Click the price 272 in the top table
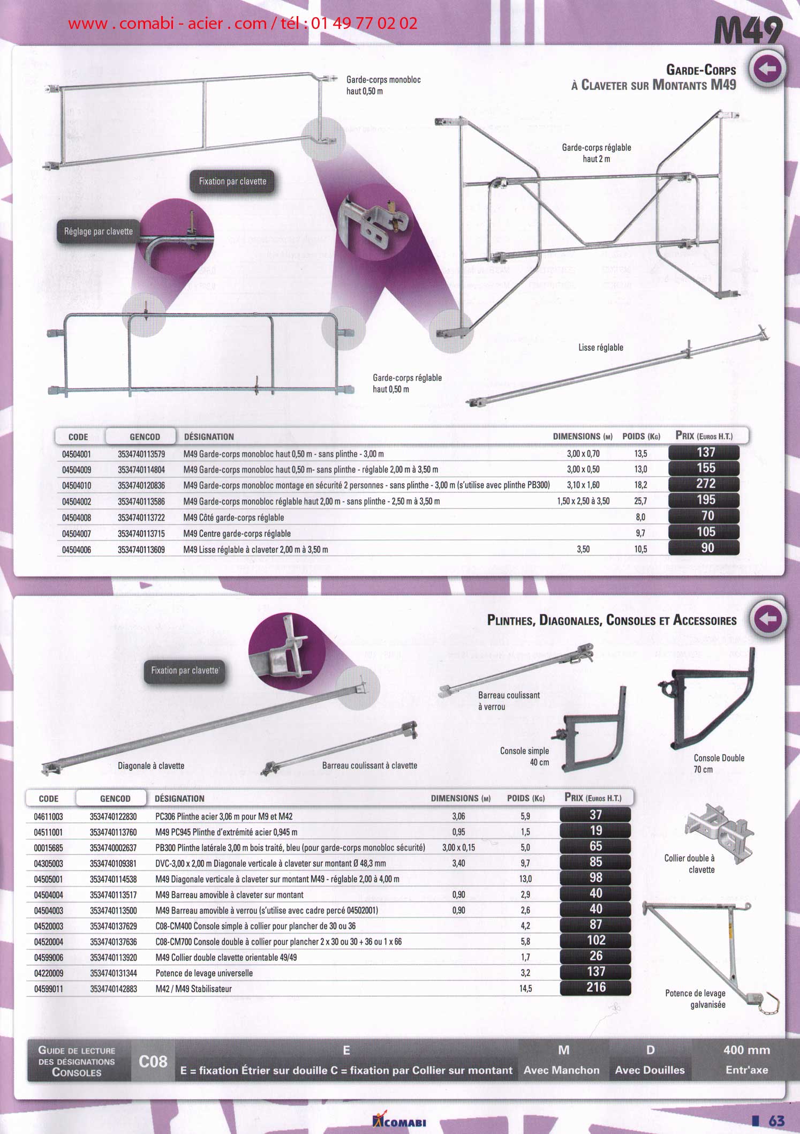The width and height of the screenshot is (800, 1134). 705,484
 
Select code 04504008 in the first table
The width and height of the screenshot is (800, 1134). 77,517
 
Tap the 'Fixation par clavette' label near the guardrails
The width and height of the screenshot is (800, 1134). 232,182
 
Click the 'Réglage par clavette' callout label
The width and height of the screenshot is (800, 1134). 99,231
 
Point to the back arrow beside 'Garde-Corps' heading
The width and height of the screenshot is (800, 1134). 767,69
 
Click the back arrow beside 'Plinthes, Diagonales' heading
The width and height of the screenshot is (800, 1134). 768,619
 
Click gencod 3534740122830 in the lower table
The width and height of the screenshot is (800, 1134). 114,817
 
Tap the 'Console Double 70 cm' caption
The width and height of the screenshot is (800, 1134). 719,764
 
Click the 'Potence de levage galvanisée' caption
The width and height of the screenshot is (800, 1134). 695,999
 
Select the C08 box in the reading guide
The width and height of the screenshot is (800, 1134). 153,1062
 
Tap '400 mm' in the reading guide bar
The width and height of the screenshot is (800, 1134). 746,1050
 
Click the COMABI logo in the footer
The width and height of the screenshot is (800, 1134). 399,1120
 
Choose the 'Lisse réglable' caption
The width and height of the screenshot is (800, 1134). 601,348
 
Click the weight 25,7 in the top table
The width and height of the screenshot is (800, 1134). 640,501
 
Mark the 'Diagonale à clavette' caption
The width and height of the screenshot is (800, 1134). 151,766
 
